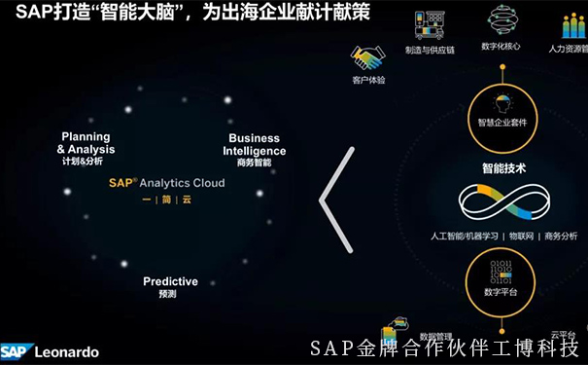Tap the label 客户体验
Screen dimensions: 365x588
click(x=368, y=80)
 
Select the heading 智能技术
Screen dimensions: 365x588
click(x=503, y=167)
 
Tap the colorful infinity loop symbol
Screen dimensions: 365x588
click(x=503, y=203)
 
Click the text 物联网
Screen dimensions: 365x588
click(x=521, y=236)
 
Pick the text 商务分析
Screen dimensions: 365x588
click(x=561, y=236)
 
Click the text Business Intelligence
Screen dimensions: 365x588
click(x=255, y=145)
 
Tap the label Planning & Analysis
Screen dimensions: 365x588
click(x=86, y=143)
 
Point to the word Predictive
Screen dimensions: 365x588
click(x=170, y=281)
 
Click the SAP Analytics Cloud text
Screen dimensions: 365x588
click(x=166, y=182)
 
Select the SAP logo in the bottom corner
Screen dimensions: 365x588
click(x=16, y=352)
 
